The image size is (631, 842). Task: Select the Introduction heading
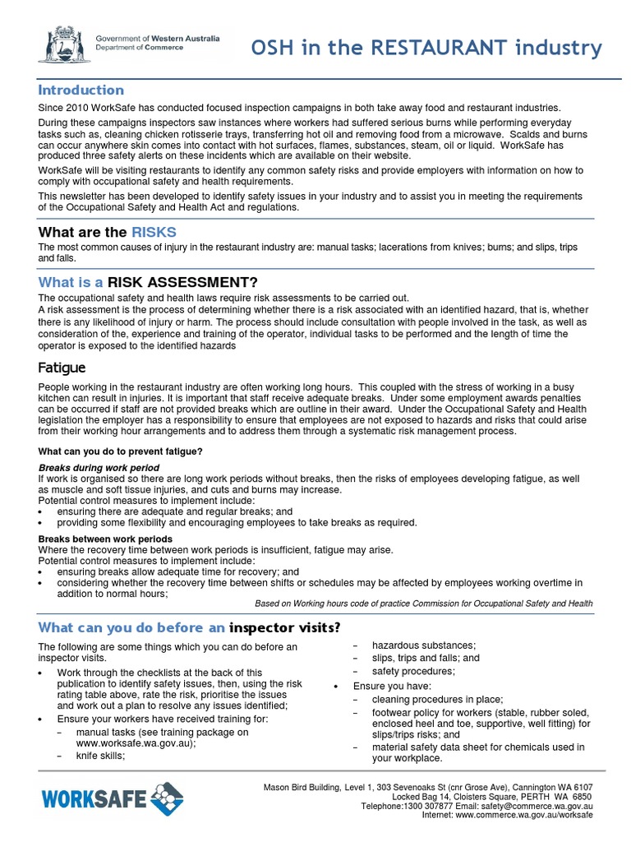(81, 90)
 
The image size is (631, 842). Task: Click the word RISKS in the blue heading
(154, 232)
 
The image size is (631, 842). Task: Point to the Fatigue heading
(62, 368)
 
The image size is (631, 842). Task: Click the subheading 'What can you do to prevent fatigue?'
(120, 451)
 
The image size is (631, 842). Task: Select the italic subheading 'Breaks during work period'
(99, 468)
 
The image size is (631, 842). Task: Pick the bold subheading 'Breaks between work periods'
(105, 539)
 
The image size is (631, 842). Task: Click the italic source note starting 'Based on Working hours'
(423, 604)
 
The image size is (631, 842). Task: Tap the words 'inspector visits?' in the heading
(285, 628)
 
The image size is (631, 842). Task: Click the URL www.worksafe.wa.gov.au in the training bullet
(135, 743)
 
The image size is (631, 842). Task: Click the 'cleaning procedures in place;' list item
(437, 699)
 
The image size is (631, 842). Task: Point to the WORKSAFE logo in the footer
(112, 798)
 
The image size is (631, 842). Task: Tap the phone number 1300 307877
(425, 807)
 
